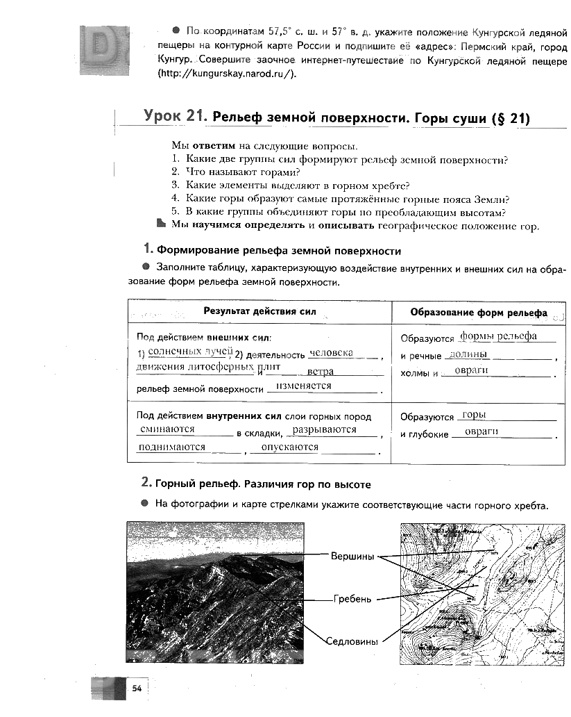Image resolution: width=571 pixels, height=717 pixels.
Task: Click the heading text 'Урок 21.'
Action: [175, 117]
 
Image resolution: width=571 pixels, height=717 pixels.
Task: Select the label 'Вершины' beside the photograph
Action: [352, 557]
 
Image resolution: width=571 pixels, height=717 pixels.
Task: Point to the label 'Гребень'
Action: [352, 598]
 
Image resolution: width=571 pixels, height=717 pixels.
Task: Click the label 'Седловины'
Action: [352, 641]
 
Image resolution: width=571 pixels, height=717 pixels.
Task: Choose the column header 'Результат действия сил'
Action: [259, 311]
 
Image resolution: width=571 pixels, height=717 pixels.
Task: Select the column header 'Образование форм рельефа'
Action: [478, 313]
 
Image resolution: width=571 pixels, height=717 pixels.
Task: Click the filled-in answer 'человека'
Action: [332, 352]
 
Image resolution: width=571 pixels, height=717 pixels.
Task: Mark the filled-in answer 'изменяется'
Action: [303, 386]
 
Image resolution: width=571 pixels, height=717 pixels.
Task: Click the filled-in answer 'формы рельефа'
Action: [498, 336]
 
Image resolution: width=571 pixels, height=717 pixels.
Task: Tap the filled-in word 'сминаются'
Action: [167, 429]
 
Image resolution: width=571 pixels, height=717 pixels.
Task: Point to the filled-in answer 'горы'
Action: [473, 415]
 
